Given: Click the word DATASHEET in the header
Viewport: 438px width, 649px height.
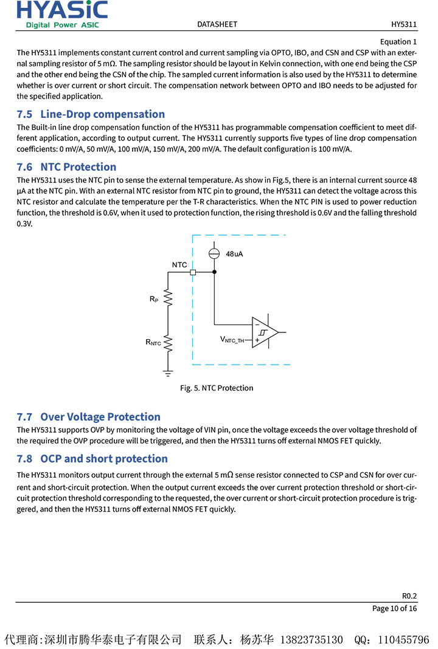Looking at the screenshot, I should (217, 24).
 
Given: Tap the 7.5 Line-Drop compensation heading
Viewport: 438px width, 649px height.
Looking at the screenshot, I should (91, 114).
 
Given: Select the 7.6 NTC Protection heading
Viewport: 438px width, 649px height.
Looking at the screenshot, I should (66, 167).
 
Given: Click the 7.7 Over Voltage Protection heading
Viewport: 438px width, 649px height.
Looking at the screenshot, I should (88, 417).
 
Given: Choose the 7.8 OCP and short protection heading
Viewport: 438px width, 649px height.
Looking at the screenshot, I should (92, 459).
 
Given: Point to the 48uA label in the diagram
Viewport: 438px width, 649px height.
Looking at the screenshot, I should (234, 254).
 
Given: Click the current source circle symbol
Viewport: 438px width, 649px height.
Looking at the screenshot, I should (214, 253).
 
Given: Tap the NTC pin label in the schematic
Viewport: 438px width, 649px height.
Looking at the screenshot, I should (179, 265).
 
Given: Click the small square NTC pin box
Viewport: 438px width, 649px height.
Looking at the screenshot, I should (193, 273).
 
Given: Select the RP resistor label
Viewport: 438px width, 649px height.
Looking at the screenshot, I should (153, 299).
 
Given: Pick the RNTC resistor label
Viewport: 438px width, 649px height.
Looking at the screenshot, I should (153, 343).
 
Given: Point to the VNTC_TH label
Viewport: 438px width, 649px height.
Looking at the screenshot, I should (232, 340).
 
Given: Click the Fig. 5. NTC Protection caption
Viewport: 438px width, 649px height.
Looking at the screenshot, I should (217, 388).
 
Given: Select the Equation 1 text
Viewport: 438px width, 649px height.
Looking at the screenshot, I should (398, 42).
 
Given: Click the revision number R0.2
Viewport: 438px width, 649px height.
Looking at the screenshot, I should (409, 596).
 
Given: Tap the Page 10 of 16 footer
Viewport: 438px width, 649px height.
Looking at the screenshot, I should (394, 609).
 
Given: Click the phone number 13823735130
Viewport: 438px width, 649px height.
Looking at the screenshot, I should (313, 640).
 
